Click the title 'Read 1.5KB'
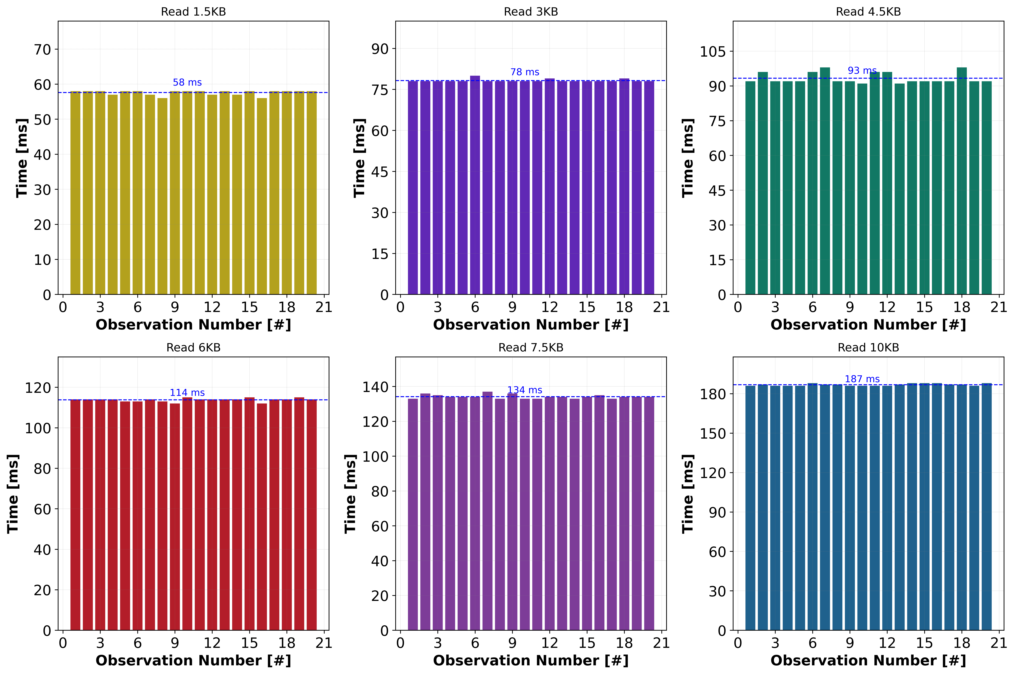tap(193, 12)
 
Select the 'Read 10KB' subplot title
tap(868, 347)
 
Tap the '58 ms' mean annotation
tap(187, 82)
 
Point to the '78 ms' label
tap(525, 72)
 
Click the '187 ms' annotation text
tap(862, 379)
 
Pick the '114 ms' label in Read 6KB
tap(187, 393)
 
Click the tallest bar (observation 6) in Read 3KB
tap(475, 185)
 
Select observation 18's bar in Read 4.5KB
tap(962, 181)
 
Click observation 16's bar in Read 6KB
tap(262, 517)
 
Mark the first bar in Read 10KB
tap(750, 508)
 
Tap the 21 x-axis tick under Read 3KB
tap(661, 307)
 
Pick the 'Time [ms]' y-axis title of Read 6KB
tap(13, 494)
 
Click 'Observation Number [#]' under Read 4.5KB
tap(868, 325)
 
